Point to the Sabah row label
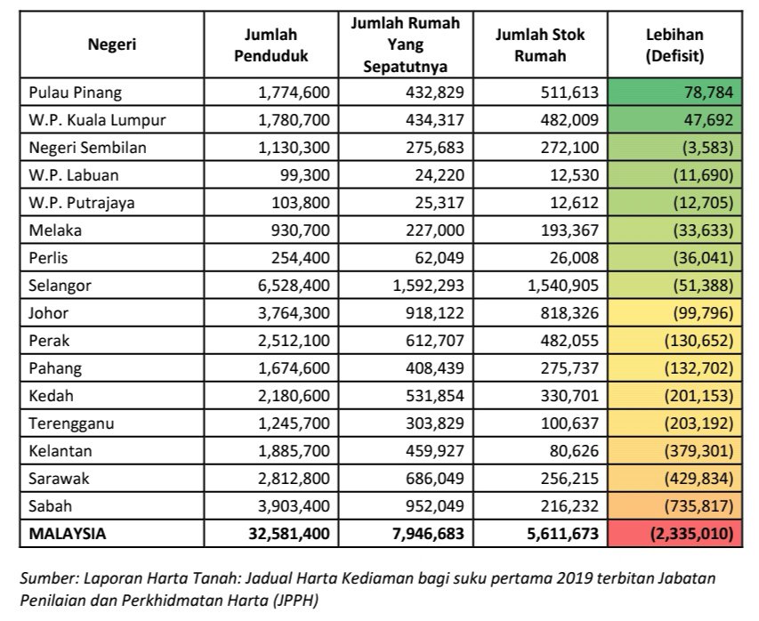coord(52,506)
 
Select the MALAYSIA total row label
coord(68,534)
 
